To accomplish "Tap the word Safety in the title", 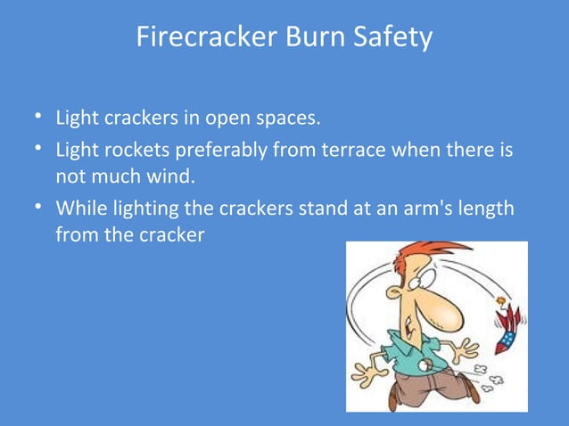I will (391, 38).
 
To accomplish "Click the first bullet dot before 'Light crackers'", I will (32, 118).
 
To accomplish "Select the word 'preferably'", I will (205, 152).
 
